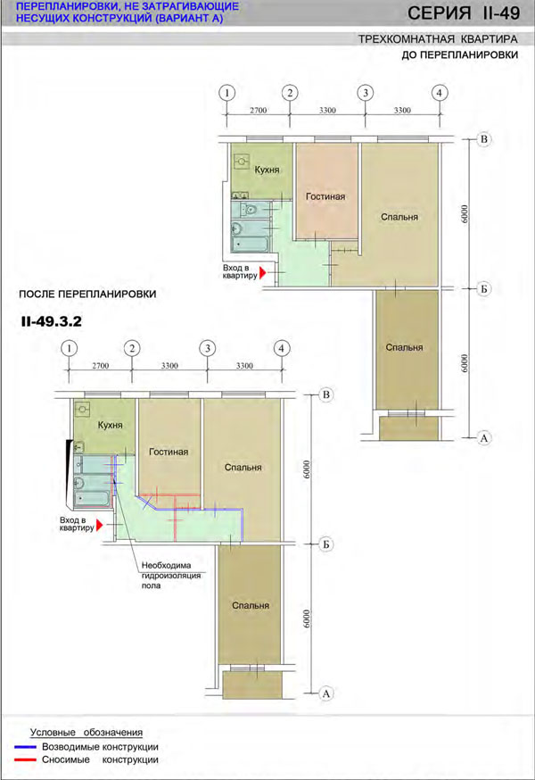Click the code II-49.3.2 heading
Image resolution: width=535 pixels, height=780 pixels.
pos(51,321)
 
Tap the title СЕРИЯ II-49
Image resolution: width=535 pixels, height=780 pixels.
pos(464,12)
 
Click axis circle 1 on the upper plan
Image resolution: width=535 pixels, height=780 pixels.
pos(226,93)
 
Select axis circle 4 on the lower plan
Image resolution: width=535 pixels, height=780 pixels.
pos(282,348)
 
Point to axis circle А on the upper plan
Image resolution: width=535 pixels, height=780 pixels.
pos(484,438)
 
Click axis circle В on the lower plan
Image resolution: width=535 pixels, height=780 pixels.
pos(326,395)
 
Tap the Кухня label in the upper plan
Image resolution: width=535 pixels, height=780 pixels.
pos(267,170)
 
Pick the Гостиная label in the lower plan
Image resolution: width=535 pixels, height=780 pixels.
pos(169,452)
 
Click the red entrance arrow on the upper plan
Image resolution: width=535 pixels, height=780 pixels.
pos(263,272)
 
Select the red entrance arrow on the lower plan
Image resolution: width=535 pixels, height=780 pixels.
pos(100,525)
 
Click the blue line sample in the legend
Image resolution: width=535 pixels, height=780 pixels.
pos(25,747)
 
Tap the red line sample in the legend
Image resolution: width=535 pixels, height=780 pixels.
pos(25,759)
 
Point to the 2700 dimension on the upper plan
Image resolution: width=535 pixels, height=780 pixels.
pos(258,111)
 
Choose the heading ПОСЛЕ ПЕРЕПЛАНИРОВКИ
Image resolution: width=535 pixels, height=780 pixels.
pos(87,294)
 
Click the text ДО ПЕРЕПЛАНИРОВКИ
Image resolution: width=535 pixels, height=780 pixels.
pos(460,54)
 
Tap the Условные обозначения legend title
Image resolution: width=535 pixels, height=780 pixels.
pos(86,732)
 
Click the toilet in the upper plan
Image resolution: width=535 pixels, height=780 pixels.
pos(249,209)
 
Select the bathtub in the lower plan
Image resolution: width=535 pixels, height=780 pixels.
pos(92,498)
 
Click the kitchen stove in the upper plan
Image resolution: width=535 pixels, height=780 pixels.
pos(242,162)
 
